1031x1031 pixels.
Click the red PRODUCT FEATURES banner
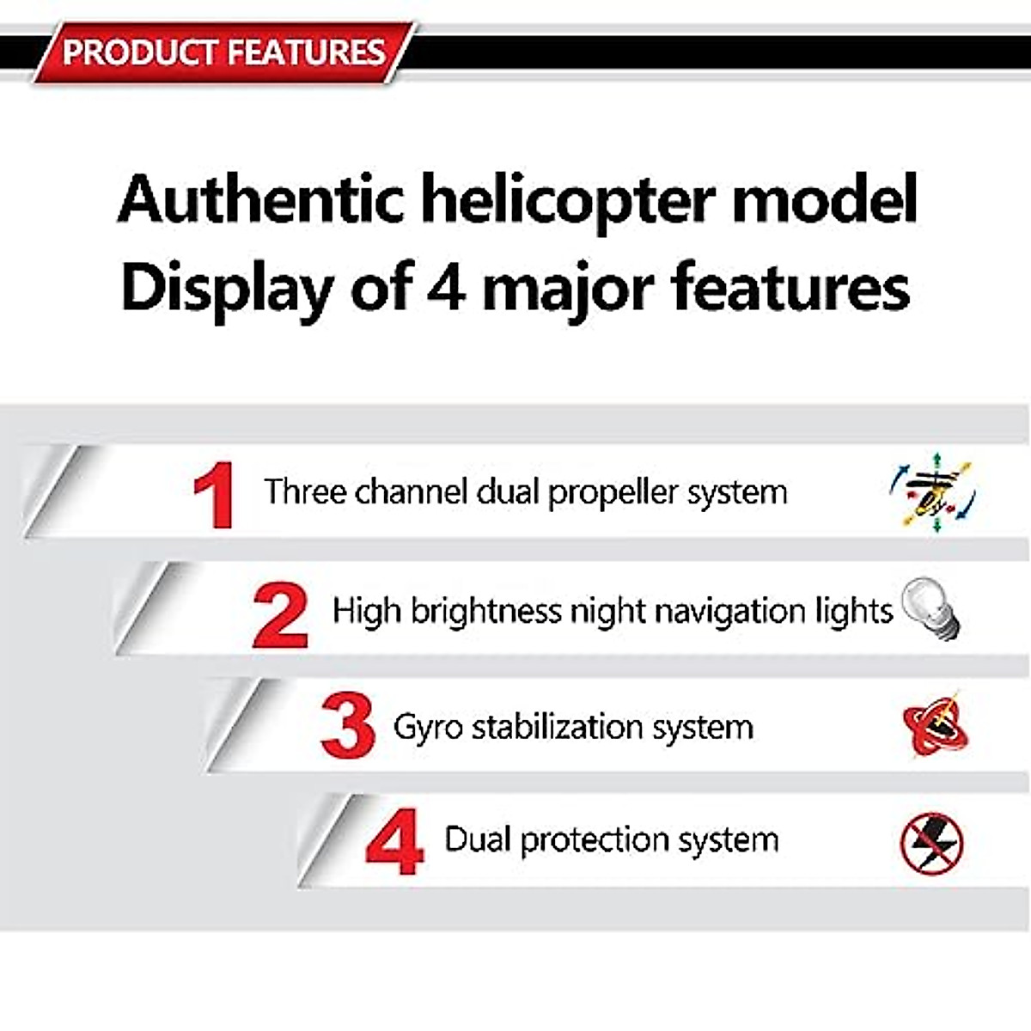pyautogui.click(x=223, y=52)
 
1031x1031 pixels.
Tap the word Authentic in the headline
pyautogui.click(x=260, y=199)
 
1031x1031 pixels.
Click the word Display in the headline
pyautogui.click(x=226, y=288)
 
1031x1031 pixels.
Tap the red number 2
pyautogui.click(x=280, y=615)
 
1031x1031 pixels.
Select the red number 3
pyautogui.click(x=347, y=727)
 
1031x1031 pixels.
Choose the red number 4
pyautogui.click(x=394, y=841)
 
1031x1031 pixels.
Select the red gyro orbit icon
pyautogui.click(x=935, y=727)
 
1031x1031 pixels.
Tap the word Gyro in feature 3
pyautogui.click(x=428, y=728)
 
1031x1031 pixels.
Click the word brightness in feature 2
pyautogui.click(x=485, y=612)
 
